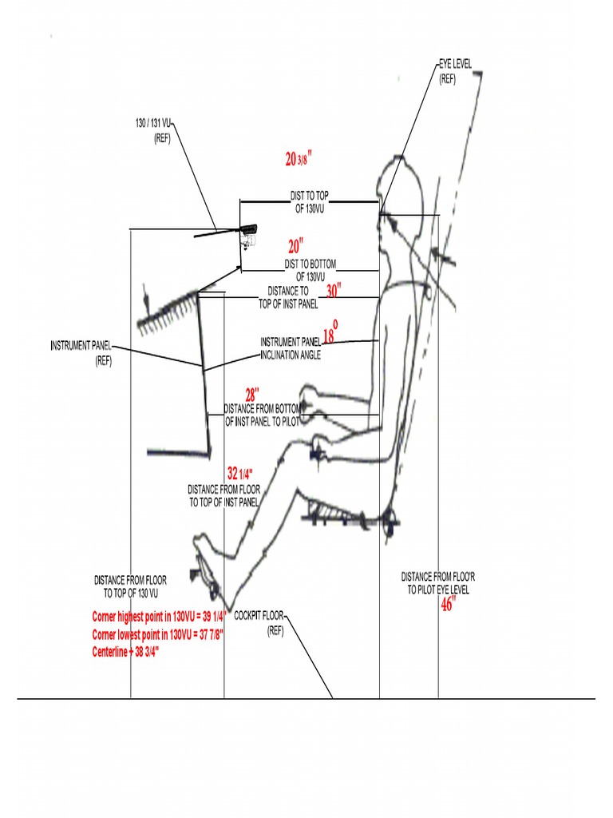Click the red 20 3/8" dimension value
298,159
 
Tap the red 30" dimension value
334,292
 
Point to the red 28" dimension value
252,395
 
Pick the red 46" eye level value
448,605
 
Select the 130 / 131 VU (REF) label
153,131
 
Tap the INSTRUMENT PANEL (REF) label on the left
81,352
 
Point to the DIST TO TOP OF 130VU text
310,200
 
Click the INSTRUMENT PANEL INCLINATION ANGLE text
291,348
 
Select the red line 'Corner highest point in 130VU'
160,616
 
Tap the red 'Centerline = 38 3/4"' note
125,651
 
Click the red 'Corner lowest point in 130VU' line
157,633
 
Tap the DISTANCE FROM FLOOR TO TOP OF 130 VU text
131,586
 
